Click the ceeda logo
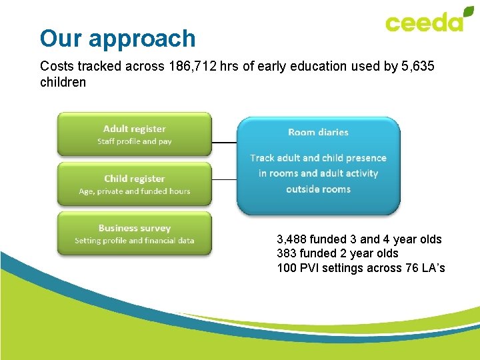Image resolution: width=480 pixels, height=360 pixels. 424,22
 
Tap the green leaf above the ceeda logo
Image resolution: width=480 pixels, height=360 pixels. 469,12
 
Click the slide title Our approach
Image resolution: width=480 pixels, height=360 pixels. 117,38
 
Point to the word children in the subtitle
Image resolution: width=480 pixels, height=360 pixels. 63,83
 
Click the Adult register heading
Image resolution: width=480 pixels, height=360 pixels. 134,129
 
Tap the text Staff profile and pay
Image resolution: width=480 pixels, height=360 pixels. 134,141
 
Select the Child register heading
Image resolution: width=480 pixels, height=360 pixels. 134,179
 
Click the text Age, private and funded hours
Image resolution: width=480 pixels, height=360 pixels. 134,191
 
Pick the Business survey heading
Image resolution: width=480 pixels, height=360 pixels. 134,228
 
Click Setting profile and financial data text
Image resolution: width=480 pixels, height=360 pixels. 134,241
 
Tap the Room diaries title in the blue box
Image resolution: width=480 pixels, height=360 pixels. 318,132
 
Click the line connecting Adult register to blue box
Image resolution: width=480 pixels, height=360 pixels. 224,142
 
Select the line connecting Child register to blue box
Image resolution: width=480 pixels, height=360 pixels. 224,179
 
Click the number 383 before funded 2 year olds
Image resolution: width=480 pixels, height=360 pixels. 287,253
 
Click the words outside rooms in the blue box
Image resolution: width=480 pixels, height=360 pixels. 318,189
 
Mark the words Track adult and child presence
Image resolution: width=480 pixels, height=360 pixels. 318,158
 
